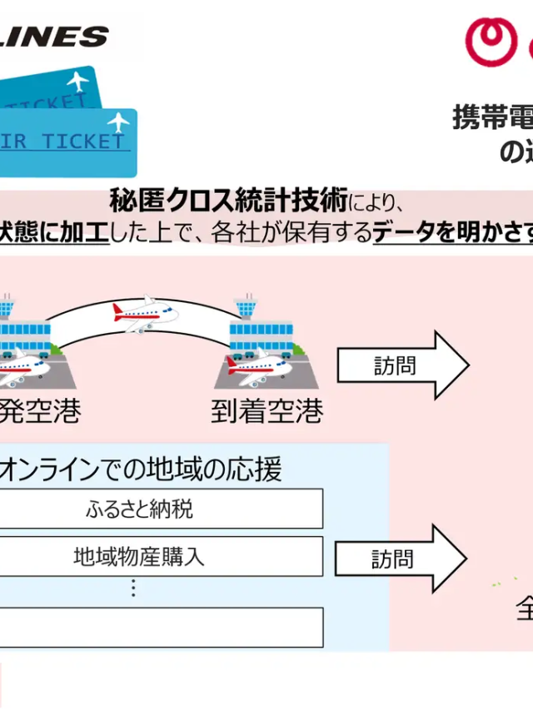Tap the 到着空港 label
[266, 411]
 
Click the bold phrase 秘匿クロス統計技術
[228, 201]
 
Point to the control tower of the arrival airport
[246, 305]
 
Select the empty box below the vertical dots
[158, 627]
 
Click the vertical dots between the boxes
[133, 588]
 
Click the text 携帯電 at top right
[491, 117]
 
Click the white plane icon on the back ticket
[77, 82]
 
